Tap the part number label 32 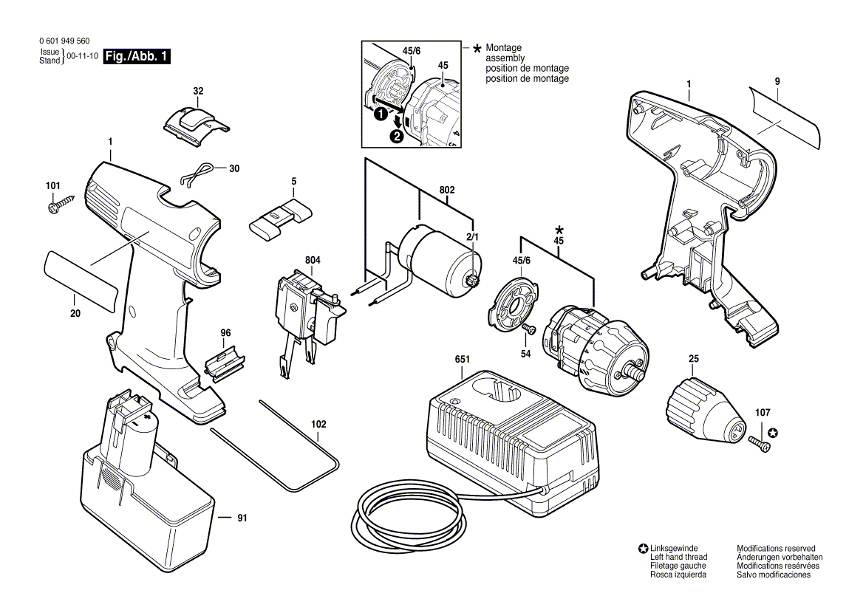198,91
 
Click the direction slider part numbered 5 281,219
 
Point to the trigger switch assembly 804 308,319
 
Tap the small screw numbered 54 531,329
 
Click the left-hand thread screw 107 759,443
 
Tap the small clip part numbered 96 225,360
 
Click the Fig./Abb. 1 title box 137,56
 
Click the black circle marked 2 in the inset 397,136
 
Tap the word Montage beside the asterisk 504,48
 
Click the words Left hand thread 678,557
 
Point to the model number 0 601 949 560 64,41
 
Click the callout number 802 447,191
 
